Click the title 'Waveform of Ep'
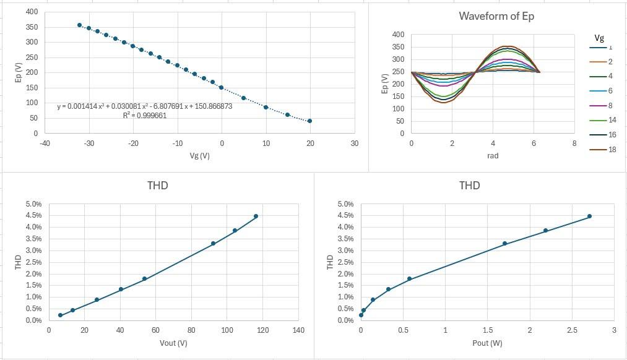(x=496, y=16)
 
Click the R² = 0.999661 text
(x=144, y=116)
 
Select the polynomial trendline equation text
(x=144, y=106)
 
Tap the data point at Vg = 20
(x=309, y=121)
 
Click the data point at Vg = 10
(x=266, y=107)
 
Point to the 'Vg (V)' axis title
(x=199, y=155)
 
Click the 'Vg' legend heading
(x=599, y=38)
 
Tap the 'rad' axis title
(x=493, y=156)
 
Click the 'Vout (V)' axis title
(x=173, y=343)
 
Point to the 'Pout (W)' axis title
(x=487, y=343)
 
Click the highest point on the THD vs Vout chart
(x=256, y=216)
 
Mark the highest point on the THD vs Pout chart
(x=589, y=216)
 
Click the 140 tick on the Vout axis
(x=298, y=330)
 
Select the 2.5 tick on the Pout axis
(x=572, y=330)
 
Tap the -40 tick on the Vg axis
(x=45, y=144)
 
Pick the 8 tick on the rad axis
(x=574, y=144)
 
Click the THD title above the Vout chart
(x=158, y=186)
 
